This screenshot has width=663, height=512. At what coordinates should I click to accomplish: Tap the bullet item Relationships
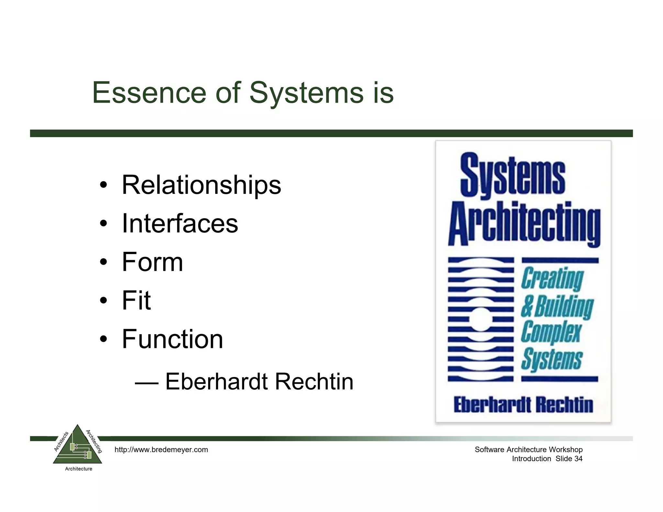201,185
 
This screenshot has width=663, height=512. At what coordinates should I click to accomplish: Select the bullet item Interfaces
180,223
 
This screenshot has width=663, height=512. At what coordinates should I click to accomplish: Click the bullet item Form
152,262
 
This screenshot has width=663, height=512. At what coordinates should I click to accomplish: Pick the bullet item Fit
136,300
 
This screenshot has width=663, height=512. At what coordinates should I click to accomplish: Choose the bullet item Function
172,339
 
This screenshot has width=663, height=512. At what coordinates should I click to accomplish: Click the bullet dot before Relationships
103,185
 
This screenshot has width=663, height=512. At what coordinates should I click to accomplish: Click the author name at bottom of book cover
523,405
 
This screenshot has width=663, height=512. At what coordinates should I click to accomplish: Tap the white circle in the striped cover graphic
481,319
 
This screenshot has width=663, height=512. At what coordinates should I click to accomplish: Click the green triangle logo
77,447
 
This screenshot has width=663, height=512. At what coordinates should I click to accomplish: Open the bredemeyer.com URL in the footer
161,450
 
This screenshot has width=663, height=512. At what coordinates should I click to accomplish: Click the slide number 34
578,459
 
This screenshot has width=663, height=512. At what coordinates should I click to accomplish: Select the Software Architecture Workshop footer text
528,450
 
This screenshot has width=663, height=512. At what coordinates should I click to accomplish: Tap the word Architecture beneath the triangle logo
79,469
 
